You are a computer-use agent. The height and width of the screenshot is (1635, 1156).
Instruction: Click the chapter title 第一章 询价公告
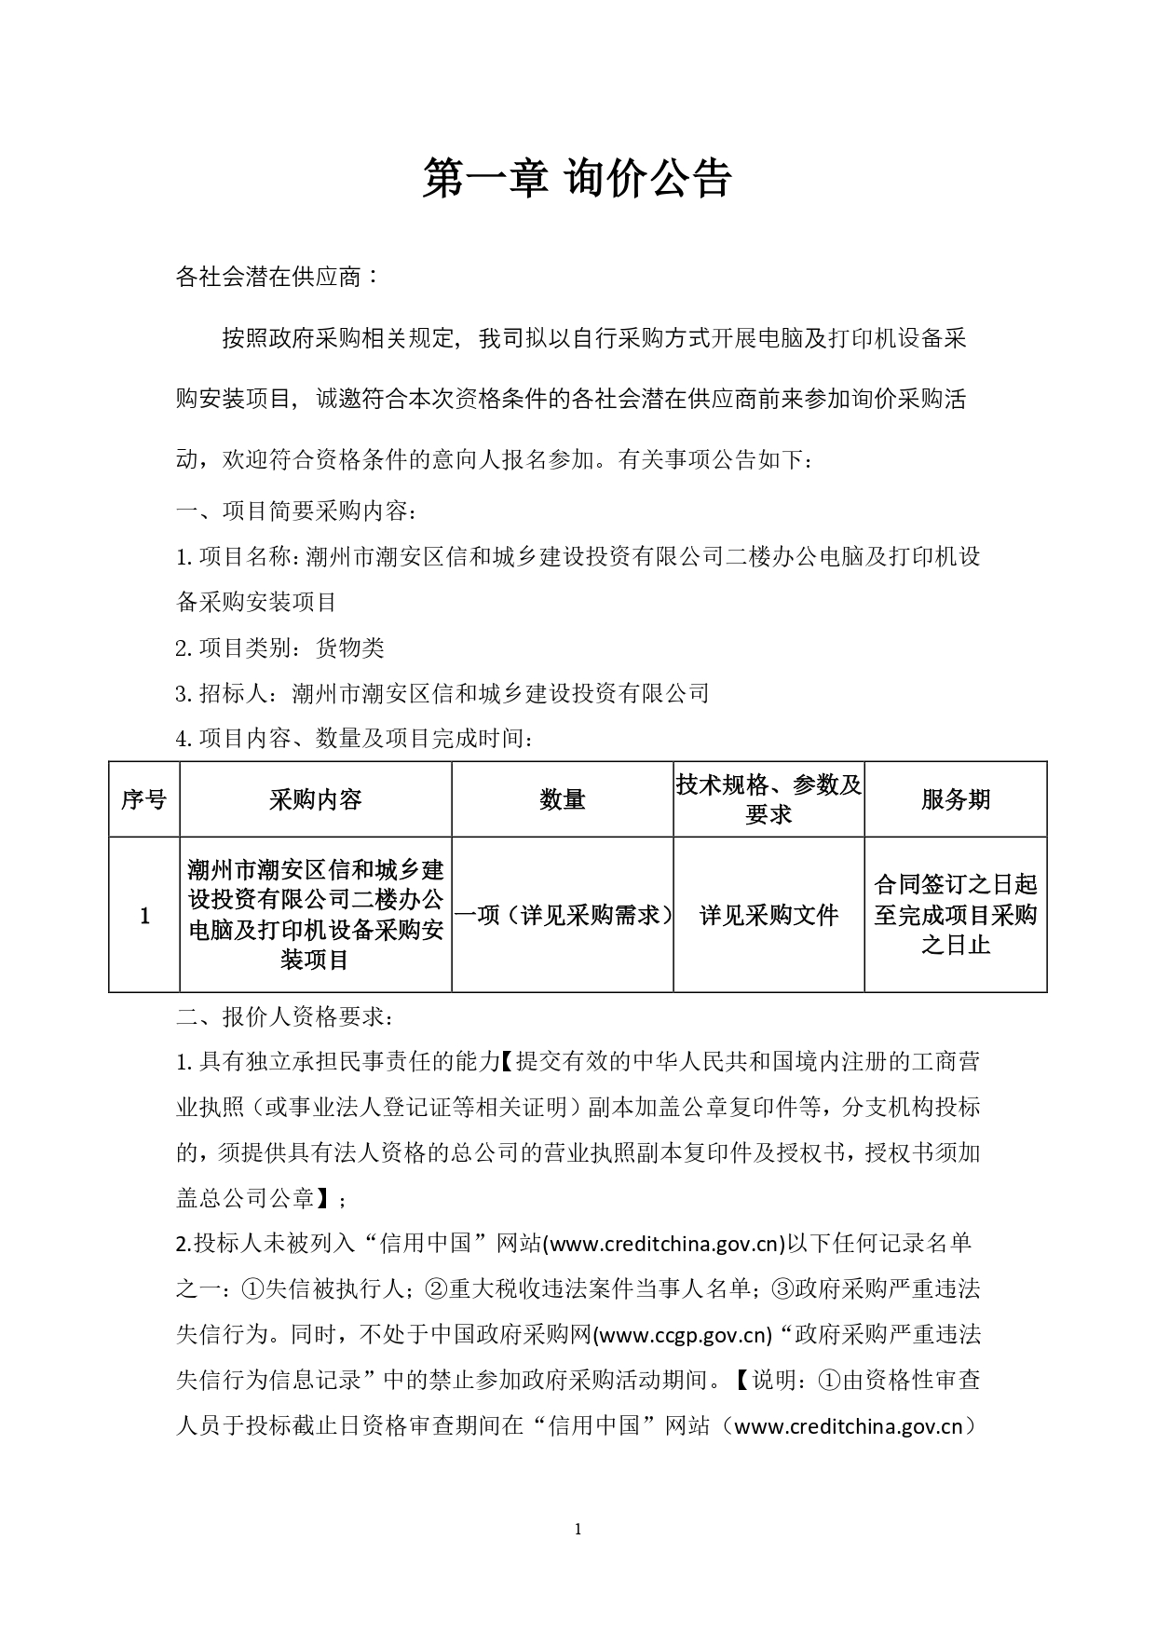(x=578, y=177)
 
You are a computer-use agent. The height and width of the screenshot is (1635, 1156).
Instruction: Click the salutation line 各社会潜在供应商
(x=277, y=277)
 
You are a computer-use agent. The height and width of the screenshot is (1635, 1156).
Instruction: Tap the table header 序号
(x=143, y=799)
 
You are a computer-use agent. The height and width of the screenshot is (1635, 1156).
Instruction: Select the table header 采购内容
(x=315, y=799)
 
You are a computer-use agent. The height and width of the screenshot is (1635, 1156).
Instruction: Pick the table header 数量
(x=562, y=799)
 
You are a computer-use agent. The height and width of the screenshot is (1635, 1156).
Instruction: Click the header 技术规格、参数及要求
(x=768, y=799)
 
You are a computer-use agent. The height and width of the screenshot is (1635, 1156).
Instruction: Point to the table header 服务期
(x=956, y=799)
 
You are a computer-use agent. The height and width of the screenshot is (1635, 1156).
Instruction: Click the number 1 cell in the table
(x=144, y=916)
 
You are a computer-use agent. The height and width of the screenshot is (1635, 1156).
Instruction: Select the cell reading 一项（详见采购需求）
(x=562, y=916)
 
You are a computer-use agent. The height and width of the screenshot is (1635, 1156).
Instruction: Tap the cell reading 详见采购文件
(x=768, y=916)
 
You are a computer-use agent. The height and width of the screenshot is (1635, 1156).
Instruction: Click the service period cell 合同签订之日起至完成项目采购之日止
(x=956, y=915)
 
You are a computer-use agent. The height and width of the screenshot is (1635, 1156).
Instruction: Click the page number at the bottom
(x=578, y=1529)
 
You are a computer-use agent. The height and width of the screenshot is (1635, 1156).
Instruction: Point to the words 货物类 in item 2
(x=350, y=648)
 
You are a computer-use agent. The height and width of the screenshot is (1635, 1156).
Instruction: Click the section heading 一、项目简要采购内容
(x=296, y=511)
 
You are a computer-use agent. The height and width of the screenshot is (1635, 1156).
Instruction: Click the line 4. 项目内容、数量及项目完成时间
(x=355, y=739)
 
